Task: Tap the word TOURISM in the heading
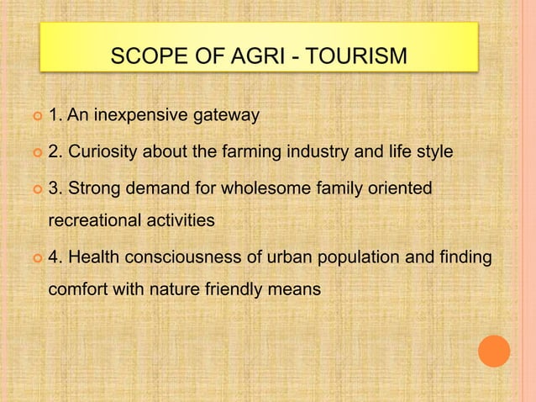point(357,57)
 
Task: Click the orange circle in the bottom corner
point(494,351)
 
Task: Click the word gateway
point(227,115)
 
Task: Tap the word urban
point(268,257)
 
